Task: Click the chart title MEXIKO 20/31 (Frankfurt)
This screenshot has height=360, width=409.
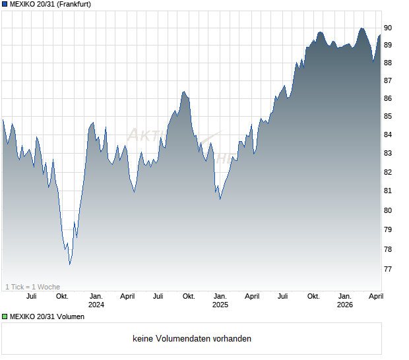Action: tap(50, 5)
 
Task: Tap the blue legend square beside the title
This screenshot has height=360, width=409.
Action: tap(5, 5)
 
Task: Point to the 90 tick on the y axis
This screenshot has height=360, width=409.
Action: tap(388, 28)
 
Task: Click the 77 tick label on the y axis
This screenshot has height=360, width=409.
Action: tap(388, 269)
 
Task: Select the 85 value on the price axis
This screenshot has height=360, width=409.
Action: tap(388, 117)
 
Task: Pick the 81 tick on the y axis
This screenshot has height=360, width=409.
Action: tap(388, 191)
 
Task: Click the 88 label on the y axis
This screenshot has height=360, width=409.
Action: tap(388, 63)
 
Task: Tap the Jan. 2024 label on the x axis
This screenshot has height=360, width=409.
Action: tap(96, 301)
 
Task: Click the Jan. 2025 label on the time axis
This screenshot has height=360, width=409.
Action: tap(220, 301)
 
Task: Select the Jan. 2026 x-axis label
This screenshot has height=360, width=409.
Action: tap(344, 301)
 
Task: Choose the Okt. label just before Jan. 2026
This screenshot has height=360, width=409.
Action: tap(313, 297)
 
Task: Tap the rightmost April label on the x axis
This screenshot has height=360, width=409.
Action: tap(375, 297)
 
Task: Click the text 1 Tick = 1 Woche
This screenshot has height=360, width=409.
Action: tap(32, 287)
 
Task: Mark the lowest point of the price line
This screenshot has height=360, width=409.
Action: tap(70, 264)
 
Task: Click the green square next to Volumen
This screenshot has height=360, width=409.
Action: tap(5, 316)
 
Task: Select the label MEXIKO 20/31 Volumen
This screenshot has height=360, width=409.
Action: tap(47, 316)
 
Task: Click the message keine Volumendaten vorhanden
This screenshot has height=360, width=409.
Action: tap(192, 339)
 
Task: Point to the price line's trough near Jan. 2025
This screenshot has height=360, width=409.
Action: tap(220, 198)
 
